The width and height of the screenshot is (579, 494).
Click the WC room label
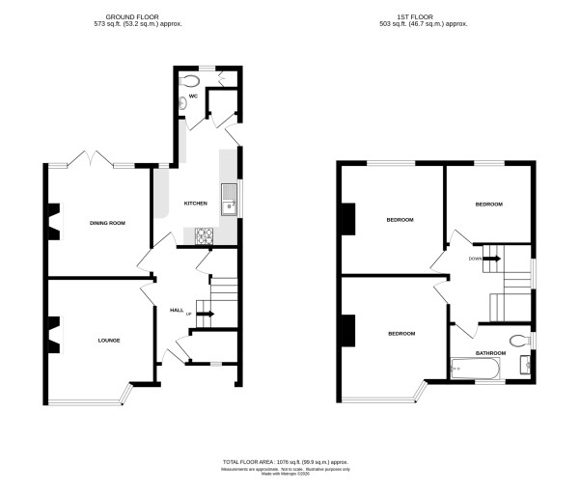(x=193, y=96)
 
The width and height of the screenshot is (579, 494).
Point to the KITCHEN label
(x=196, y=204)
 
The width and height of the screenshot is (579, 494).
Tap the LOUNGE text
(x=108, y=340)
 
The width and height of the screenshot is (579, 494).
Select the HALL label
(x=177, y=310)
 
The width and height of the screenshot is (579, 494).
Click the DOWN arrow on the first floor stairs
(x=488, y=259)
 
